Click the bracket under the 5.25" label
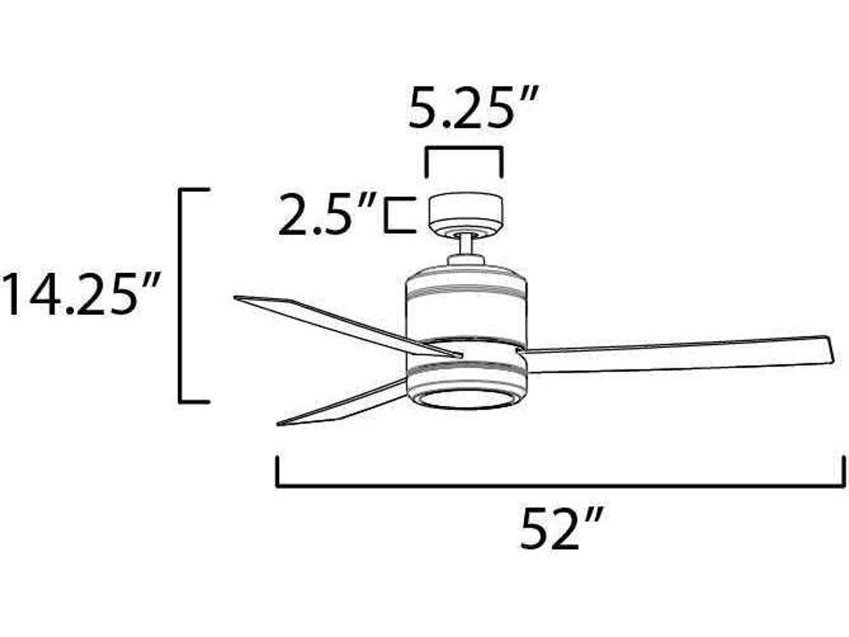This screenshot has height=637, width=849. coord(463,148)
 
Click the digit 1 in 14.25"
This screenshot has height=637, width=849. coord(13,294)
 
